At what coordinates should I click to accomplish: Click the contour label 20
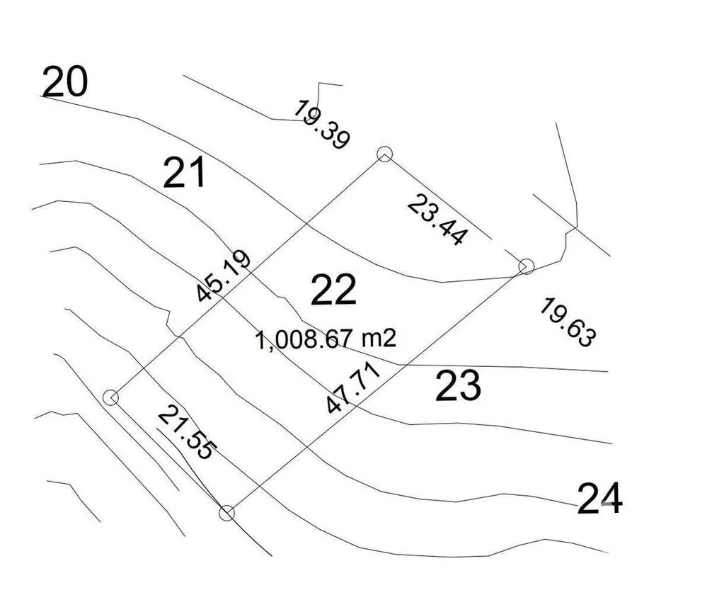pyautogui.click(x=64, y=81)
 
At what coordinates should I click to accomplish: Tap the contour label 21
pyautogui.click(x=184, y=173)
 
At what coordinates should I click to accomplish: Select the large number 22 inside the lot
pyautogui.click(x=333, y=290)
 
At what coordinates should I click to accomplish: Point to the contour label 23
pyautogui.click(x=458, y=386)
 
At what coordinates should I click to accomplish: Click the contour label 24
pyautogui.click(x=599, y=499)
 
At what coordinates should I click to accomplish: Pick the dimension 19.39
pyautogui.click(x=321, y=125)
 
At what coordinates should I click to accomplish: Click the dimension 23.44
pyautogui.click(x=437, y=220)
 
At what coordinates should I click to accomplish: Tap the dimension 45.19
pyautogui.click(x=224, y=276)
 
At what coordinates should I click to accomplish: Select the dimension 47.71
pyautogui.click(x=353, y=387)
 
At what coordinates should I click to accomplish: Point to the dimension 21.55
pyautogui.click(x=187, y=432)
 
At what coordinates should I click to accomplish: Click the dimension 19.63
pyautogui.click(x=568, y=322)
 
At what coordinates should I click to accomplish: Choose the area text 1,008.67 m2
pyautogui.click(x=325, y=339)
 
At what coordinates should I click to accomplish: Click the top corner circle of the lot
pyautogui.click(x=384, y=154)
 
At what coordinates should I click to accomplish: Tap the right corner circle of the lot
pyautogui.click(x=527, y=266)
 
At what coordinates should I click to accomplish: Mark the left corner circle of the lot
pyautogui.click(x=111, y=397)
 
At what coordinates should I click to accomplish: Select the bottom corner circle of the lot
pyautogui.click(x=226, y=514)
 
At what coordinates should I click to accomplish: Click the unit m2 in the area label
pyautogui.click(x=379, y=339)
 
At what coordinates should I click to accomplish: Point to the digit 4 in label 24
pyautogui.click(x=611, y=499)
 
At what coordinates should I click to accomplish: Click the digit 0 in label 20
pyautogui.click(x=76, y=81)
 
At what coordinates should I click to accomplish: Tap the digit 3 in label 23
pyautogui.click(x=469, y=386)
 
